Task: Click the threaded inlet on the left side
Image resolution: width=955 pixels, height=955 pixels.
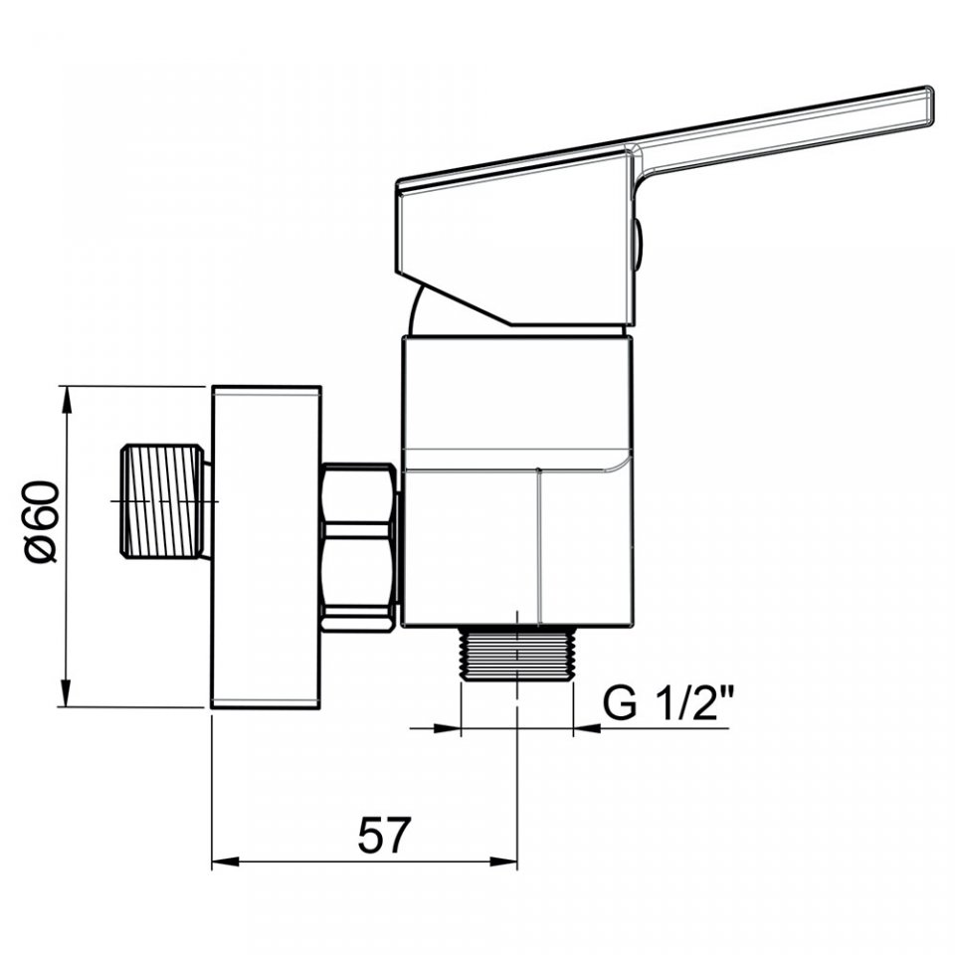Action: [162, 500]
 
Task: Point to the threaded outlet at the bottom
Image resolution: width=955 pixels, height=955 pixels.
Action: [517, 654]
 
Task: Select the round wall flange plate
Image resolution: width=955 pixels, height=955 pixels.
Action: [267, 547]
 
